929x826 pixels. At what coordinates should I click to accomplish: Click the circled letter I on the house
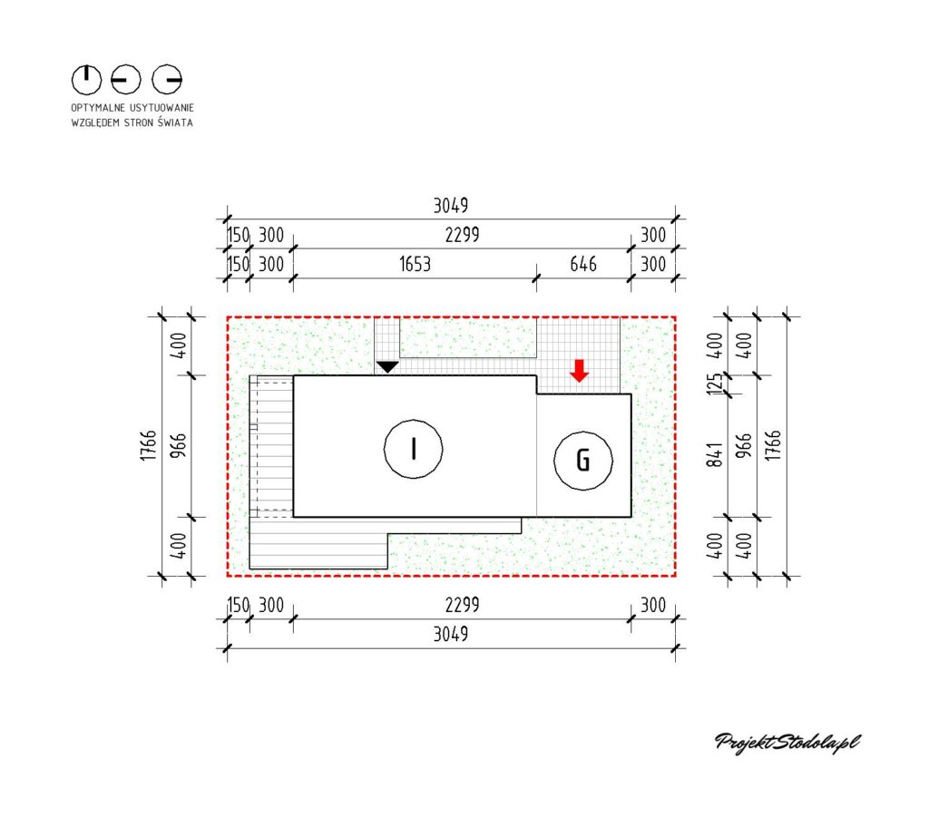pos(413,449)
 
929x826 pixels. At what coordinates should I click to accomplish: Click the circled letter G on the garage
pos(583,461)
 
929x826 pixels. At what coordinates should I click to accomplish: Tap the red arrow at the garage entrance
pos(579,371)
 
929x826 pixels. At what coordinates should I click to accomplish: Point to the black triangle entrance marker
pos(387,367)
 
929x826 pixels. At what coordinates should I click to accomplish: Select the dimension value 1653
pos(415,264)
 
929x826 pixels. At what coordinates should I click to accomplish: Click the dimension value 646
pos(583,264)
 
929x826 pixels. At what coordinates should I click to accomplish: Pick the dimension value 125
pos(715,384)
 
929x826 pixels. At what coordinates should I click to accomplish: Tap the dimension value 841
pos(715,454)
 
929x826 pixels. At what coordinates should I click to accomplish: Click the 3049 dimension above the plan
pos(450,206)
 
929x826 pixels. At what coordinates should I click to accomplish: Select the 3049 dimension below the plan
pos(450,634)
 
